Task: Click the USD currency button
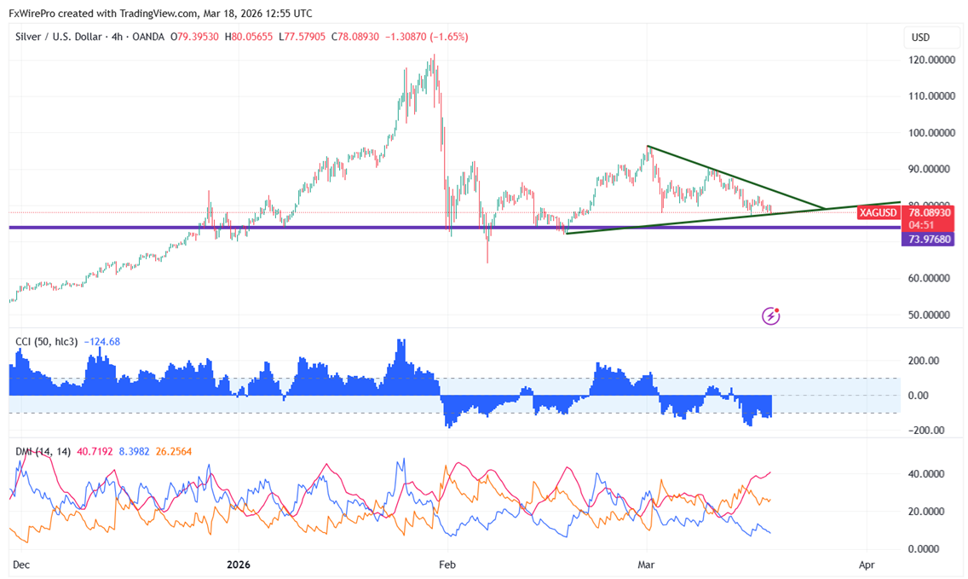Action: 920,38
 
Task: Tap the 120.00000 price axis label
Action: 931,61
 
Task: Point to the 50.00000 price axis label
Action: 931,315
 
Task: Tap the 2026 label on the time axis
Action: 239,565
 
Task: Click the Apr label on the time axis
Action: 867,565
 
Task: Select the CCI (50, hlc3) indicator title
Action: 47,342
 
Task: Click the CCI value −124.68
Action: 101,342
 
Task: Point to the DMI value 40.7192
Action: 96,451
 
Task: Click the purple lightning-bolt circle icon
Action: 770,316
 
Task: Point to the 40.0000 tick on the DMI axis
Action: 928,474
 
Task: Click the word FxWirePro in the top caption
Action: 33,13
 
